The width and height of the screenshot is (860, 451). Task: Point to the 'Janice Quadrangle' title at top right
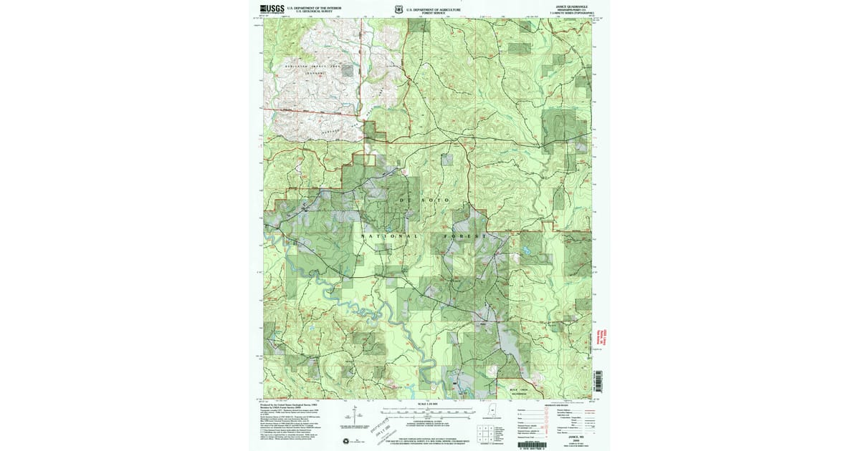click(x=570, y=6)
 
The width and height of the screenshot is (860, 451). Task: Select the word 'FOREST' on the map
click(x=467, y=236)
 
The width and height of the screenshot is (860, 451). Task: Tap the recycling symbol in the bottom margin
click(x=347, y=440)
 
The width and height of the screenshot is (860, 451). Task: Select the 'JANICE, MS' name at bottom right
click(x=570, y=434)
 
